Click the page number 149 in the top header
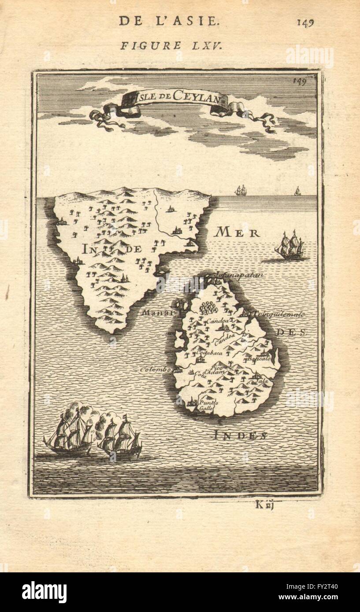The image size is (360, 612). click(x=305, y=22)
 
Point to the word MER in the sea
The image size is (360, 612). click(x=237, y=233)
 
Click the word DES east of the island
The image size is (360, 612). click(x=291, y=333)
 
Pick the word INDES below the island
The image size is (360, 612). click(x=240, y=436)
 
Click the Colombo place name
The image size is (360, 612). click(x=155, y=370)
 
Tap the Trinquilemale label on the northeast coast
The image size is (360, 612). click(x=278, y=314)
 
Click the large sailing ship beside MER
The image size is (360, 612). click(x=289, y=246)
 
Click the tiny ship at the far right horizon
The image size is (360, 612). click(x=297, y=191)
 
